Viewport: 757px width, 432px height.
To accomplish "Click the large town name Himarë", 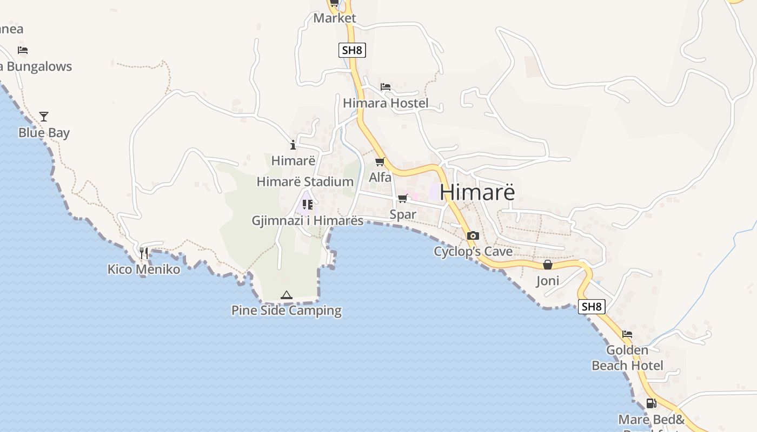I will (x=477, y=192).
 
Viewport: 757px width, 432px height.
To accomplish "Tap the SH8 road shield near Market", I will (x=352, y=51).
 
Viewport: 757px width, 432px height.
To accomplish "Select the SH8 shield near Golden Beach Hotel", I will (x=592, y=307).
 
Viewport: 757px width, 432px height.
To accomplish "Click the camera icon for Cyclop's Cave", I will (x=473, y=235).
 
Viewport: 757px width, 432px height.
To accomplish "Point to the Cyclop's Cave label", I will (x=473, y=252).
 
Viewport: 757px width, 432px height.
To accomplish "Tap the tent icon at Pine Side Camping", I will (x=287, y=295).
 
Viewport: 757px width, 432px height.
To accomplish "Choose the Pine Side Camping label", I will (x=287, y=310).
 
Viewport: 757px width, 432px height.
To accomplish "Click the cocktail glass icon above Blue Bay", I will (x=44, y=116).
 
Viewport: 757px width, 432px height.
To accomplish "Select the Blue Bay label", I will (x=44, y=133).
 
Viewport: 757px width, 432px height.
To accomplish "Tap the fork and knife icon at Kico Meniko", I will (x=144, y=253).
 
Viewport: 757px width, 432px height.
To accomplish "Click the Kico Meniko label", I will (x=144, y=269).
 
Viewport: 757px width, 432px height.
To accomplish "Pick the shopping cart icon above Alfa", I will (x=380, y=161).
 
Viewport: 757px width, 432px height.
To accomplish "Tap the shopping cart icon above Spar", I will (x=403, y=199).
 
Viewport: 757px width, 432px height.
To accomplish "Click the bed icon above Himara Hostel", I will (x=386, y=86).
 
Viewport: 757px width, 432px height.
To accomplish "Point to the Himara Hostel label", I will (x=386, y=103).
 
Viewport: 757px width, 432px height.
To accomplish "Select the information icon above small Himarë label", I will (x=293, y=145).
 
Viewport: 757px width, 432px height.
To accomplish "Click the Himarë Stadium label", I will (x=305, y=181).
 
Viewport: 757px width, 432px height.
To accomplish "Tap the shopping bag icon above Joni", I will (x=548, y=265).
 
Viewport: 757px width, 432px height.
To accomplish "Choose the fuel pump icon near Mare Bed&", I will (x=651, y=403).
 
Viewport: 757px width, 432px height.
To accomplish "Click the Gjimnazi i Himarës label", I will (x=308, y=220).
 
